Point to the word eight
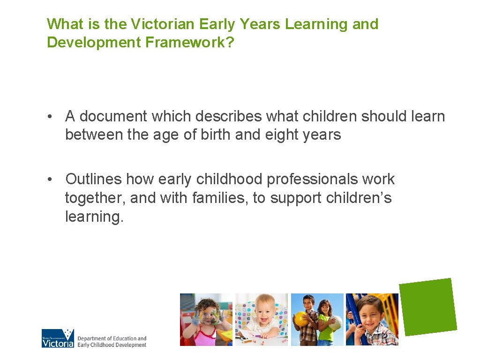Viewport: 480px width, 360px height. (284, 135)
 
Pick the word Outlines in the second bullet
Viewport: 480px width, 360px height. (93, 179)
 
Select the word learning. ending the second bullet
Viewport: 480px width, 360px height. (94, 217)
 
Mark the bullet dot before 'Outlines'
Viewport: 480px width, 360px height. (50, 180)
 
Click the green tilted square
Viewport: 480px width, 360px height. (428, 307)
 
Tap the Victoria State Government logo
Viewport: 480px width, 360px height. (58, 338)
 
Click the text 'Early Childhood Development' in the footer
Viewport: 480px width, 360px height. (112, 345)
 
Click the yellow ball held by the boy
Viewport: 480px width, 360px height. (300, 319)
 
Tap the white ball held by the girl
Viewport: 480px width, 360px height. (335, 323)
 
